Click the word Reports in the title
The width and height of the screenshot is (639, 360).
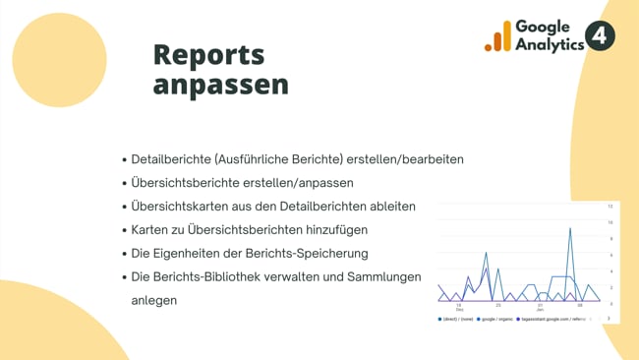point(208,54)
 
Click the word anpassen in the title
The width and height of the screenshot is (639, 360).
point(220,85)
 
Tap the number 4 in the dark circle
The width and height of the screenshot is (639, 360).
point(600,36)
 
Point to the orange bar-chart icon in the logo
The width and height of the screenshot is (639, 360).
point(497,37)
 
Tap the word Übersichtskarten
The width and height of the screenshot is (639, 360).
point(182,207)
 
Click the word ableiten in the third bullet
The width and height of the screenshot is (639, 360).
point(389,207)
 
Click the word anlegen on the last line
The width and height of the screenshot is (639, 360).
point(153,300)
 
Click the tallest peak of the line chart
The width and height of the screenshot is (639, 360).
point(569,228)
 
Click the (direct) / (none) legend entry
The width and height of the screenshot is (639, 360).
point(454,320)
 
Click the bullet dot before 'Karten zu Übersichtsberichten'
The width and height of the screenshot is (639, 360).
point(124,230)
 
